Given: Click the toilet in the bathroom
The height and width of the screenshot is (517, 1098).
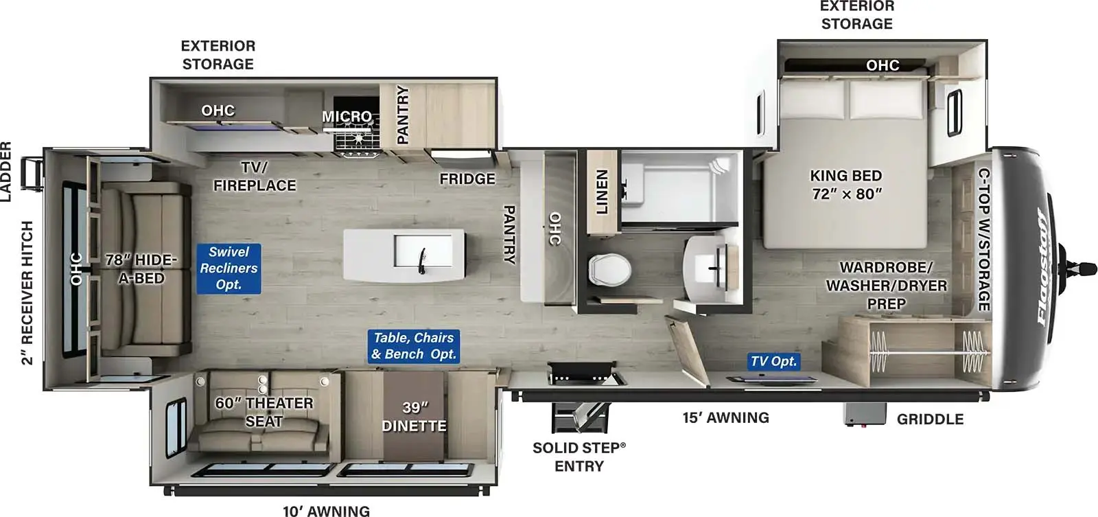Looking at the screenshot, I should coord(609,268).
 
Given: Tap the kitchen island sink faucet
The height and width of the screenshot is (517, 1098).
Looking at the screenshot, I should coord(423,261).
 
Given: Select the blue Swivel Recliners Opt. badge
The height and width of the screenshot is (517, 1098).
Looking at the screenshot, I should coord(229,268).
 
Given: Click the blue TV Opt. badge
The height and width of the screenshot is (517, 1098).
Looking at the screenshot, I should coord(773,361).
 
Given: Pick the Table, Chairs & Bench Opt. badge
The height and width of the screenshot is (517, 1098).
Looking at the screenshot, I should coord(413,346).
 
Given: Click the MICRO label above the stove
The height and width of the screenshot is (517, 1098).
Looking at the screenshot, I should coord(347,117).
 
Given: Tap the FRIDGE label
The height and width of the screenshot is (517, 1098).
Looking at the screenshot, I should coord(467,179).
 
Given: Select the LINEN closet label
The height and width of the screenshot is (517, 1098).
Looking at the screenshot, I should coord(602,192).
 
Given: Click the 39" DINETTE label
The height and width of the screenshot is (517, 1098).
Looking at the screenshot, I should coord(414,417).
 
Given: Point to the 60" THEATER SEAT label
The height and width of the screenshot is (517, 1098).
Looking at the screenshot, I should coord(264,412).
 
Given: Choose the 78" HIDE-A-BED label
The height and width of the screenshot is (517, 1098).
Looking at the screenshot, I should coord(141,268).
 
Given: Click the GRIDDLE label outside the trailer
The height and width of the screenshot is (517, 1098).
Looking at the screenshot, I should coord(930,419).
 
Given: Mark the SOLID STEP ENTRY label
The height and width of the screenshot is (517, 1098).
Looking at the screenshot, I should coord(579,457).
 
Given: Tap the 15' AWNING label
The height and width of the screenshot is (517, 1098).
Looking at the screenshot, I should coord(725,417).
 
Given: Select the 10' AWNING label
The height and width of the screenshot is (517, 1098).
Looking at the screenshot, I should coord(326,510).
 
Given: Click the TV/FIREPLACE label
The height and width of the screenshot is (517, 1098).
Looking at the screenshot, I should coord(255,176).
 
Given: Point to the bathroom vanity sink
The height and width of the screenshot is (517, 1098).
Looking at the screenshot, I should coord(712,262).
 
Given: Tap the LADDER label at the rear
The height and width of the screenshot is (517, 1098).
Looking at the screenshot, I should coord(6,172).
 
